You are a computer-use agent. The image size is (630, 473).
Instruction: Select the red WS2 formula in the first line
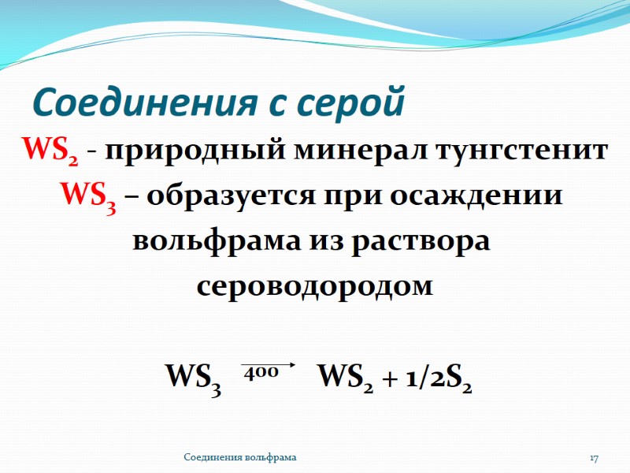coord(50,150)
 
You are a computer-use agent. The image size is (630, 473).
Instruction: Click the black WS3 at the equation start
coord(191,376)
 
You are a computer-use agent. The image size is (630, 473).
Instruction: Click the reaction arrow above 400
coord(268,365)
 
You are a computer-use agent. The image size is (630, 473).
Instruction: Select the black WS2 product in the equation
coord(344,376)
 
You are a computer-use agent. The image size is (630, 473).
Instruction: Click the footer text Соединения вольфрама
coord(240,458)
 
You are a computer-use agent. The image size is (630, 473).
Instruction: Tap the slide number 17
coord(595,458)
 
